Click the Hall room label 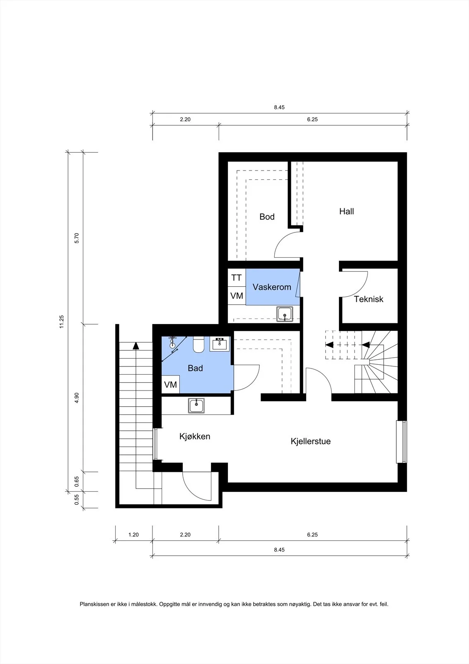point(346,211)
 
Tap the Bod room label point(267,217)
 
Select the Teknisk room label point(368,299)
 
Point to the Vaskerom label point(272,287)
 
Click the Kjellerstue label point(310,441)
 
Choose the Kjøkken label point(195,436)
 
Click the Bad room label point(195,368)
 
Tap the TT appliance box point(237,278)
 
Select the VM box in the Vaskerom point(237,295)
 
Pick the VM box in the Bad point(170,384)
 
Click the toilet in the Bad point(198,344)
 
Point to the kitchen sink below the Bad point(196,406)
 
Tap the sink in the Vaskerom point(285,314)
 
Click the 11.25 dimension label point(62,322)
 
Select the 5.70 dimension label point(77,238)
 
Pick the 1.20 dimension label point(133,535)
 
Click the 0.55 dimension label point(77,500)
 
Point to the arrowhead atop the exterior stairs point(136,346)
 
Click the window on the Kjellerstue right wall point(401,442)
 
